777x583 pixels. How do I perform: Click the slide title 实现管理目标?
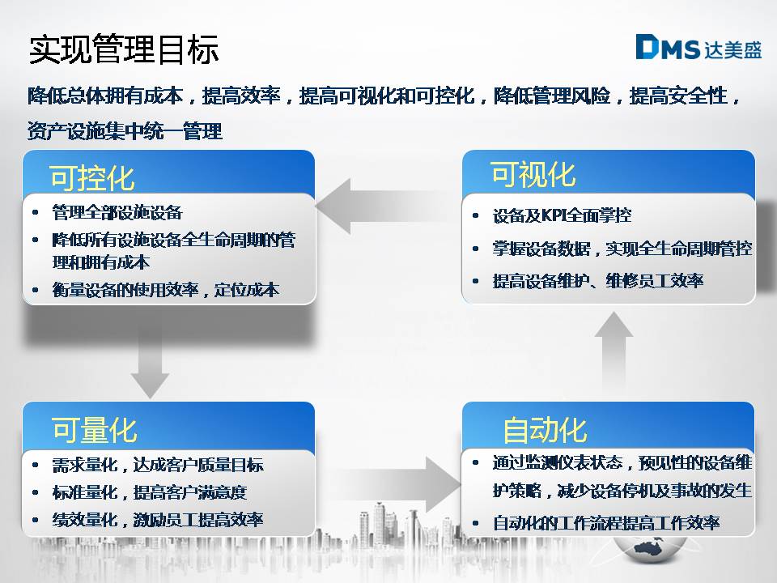(x=124, y=49)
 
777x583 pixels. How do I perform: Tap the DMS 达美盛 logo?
(x=698, y=48)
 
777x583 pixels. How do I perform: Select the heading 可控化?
(x=92, y=177)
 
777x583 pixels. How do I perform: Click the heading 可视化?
(x=533, y=174)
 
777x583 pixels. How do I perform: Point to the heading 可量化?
(x=94, y=429)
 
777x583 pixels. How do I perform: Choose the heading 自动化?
(x=545, y=429)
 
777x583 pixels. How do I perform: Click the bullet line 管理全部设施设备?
(x=117, y=212)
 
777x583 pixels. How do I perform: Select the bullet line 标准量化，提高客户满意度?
(x=150, y=492)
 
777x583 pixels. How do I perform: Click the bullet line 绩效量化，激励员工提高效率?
(x=158, y=520)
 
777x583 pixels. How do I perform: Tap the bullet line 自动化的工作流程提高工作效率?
(x=606, y=522)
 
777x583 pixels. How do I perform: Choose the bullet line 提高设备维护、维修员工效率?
(x=598, y=281)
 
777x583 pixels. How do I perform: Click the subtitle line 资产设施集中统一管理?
(x=125, y=131)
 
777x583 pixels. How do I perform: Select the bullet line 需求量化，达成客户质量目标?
(x=158, y=465)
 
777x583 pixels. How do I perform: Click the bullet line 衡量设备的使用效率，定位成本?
(x=165, y=290)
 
